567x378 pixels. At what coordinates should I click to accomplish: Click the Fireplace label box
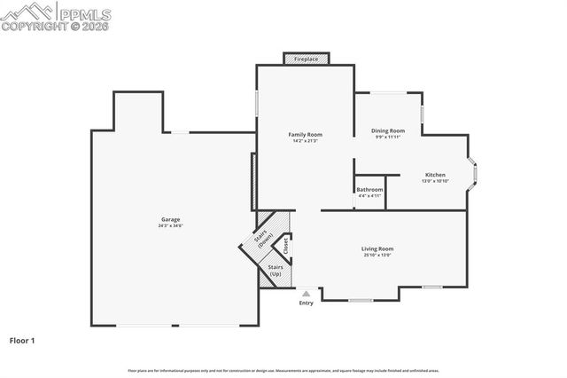(x=307, y=59)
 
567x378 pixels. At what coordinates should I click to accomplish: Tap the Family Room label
(x=305, y=134)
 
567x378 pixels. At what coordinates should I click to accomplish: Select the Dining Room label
(x=388, y=130)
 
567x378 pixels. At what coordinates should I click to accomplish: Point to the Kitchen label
(x=435, y=175)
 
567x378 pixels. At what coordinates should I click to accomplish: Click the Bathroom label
(x=369, y=189)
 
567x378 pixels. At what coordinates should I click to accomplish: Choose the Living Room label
(x=377, y=248)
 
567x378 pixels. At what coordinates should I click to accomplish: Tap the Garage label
(x=170, y=219)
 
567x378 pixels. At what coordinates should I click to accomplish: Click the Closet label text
(x=286, y=244)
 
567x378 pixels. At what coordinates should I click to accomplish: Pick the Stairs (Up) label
(x=275, y=270)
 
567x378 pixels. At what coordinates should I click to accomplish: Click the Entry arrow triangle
(x=307, y=292)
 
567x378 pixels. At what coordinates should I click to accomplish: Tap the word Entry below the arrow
(x=307, y=303)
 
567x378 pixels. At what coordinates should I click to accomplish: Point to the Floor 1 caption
(x=22, y=340)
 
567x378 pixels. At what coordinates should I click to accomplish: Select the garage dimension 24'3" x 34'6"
(x=170, y=226)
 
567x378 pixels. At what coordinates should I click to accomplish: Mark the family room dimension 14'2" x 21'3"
(x=305, y=141)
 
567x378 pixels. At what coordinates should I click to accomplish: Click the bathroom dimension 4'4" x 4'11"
(x=369, y=196)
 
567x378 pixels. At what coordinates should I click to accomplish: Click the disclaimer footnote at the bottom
(x=283, y=370)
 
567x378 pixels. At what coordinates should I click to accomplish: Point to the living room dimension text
(x=377, y=256)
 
